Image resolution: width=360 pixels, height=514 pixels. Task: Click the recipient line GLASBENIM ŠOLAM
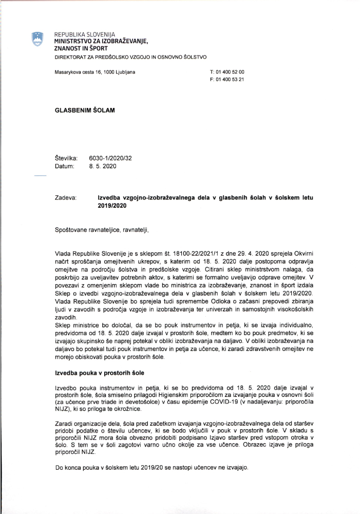(x=85, y=110)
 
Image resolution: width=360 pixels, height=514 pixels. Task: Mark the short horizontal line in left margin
(x=40, y=176)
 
